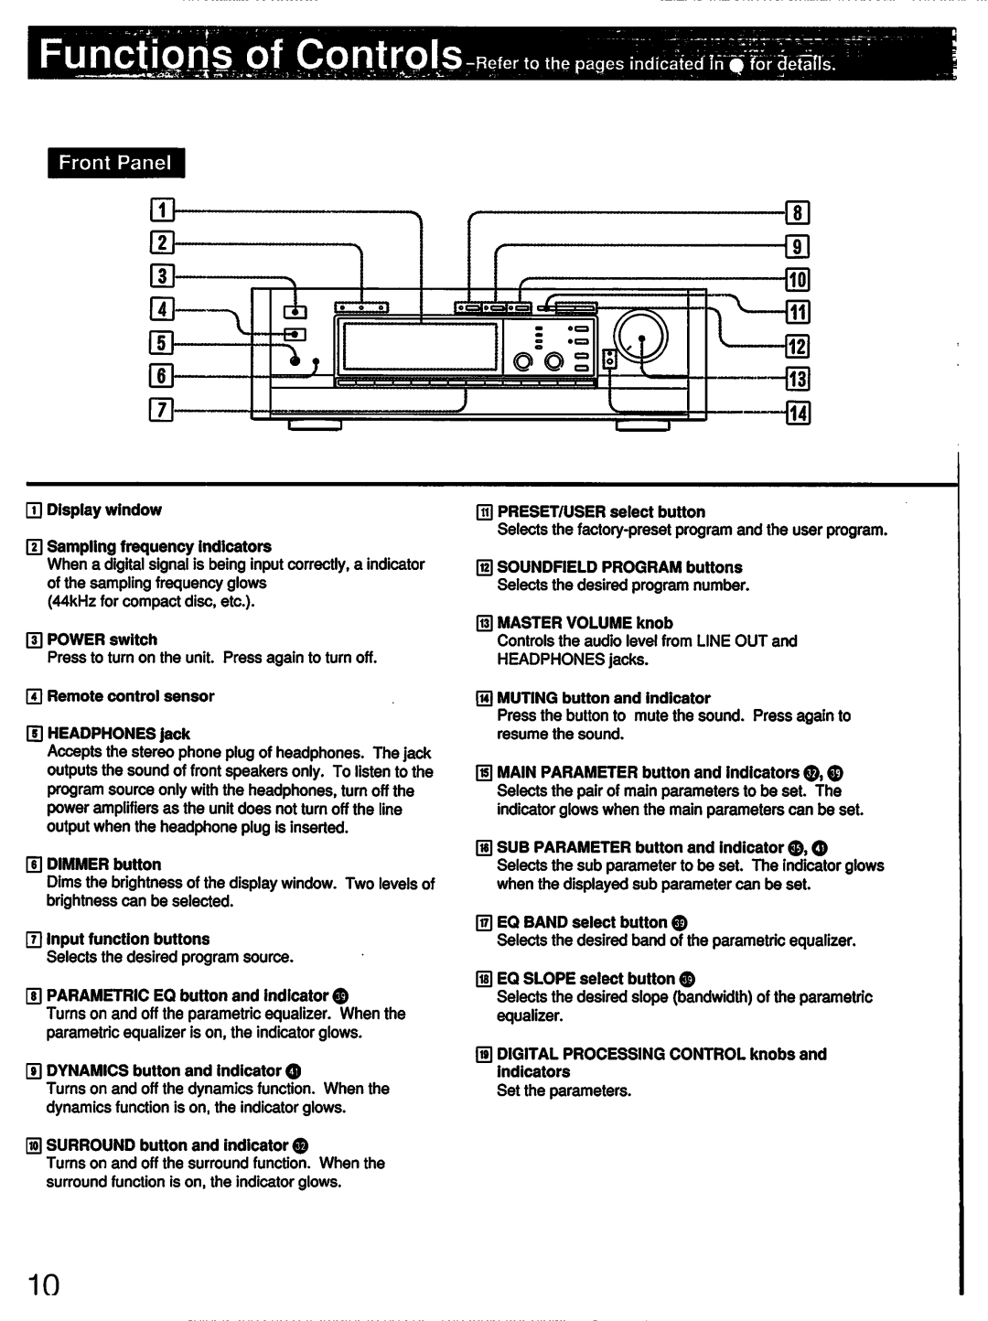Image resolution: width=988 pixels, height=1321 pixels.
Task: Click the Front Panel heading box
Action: click(115, 163)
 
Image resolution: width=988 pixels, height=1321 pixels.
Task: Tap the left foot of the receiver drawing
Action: click(315, 425)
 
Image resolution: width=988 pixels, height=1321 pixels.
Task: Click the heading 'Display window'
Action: click(104, 510)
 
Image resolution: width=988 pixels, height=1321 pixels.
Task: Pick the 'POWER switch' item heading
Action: click(102, 639)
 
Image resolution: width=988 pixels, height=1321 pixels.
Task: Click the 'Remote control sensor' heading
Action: click(131, 696)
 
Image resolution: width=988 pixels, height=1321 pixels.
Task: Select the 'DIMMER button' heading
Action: click(103, 865)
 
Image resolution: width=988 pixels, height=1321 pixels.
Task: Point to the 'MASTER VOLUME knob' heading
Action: click(585, 623)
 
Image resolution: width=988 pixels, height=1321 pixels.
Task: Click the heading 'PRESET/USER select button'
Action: click(601, 512)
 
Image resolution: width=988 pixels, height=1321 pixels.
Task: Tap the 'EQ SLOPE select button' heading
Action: click(585, 979)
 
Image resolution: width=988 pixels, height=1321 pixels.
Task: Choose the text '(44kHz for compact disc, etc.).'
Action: click(151, 601)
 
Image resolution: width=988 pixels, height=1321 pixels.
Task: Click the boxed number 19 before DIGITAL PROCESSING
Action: click(483, 1055)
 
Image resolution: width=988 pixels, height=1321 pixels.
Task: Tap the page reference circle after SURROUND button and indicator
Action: click(301, 1146)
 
